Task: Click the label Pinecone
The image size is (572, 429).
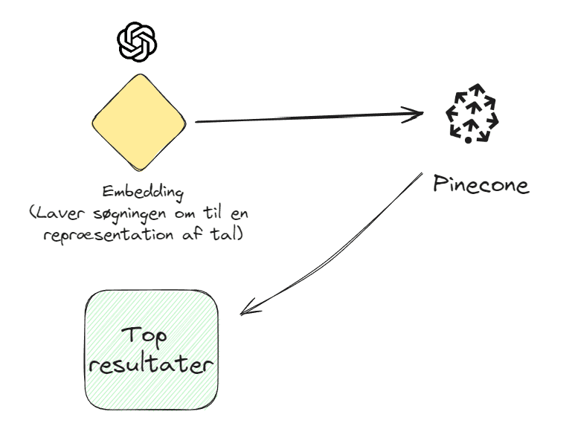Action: coord(481,184)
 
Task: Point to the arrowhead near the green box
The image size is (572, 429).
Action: coord(248,307)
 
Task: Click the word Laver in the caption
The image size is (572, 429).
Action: coord(57,213)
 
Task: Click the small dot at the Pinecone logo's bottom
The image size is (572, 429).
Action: coord(468,140)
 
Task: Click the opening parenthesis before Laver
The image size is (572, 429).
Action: coord(33,214)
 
